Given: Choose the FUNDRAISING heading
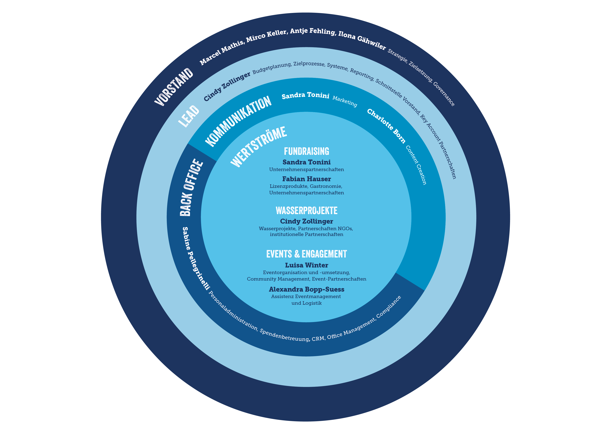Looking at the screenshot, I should [306, 151].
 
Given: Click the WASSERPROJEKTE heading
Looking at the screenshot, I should [306, 211].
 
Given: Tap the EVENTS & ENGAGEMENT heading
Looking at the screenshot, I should [306, 254].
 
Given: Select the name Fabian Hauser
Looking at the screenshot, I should [306, 179].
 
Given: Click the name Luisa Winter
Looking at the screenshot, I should [306, 265].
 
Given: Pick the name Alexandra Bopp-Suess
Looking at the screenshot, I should [306, 289].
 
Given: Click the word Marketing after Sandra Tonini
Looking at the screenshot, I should [345, 101].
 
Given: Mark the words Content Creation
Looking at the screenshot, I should [416, 165].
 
